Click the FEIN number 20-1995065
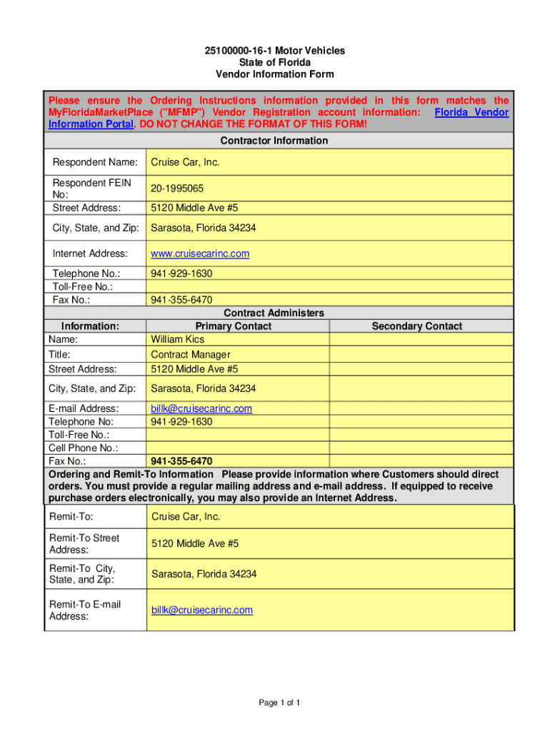click(x=177, y=188)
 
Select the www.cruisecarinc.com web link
click(x=200, y=253)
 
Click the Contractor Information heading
click(x=274, y=141)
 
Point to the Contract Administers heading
click(x=274, y=313)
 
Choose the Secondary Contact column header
click(x=417, y=326)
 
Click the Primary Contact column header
click(x=238, y=326)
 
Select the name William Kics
click(x=177, y=339)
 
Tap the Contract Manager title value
click(x=191, y=354)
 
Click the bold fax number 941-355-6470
click(x=181, y=461)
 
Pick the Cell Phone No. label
click(x=84, y=448)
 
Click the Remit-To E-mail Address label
click(x=85, y=610)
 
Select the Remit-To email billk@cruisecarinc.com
click(x=201, y=610)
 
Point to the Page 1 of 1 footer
click(x=279, y=703)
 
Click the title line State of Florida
click(x=274, y=63)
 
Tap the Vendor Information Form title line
click(x=274, y=74)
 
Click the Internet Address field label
click(x=90, y=253)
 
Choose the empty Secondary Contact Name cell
click(x=421, y=339)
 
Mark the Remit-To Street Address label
click(x=84, y=544)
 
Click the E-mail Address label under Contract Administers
click(x=84, y=409)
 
